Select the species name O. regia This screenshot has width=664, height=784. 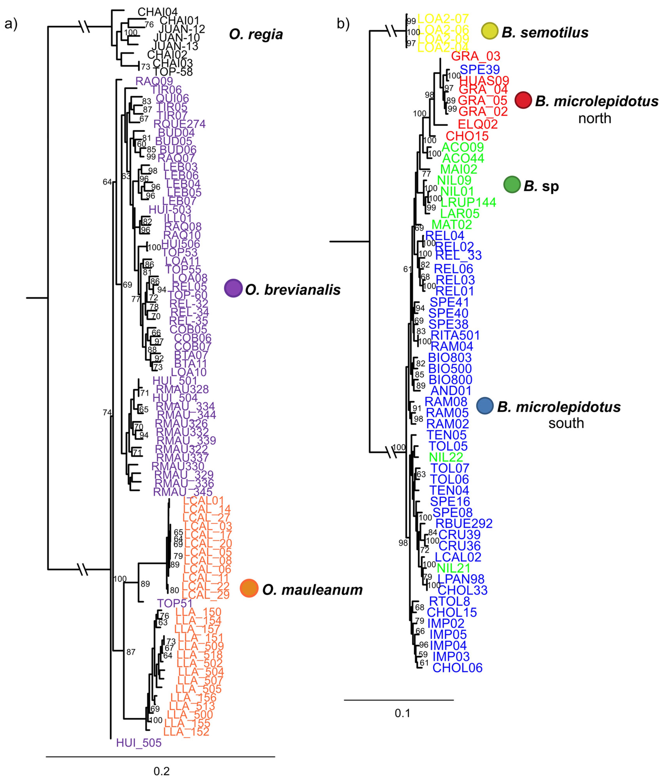256,35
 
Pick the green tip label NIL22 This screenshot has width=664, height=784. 446,457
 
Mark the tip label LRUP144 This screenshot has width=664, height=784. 468,202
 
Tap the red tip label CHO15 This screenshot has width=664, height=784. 467,136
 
